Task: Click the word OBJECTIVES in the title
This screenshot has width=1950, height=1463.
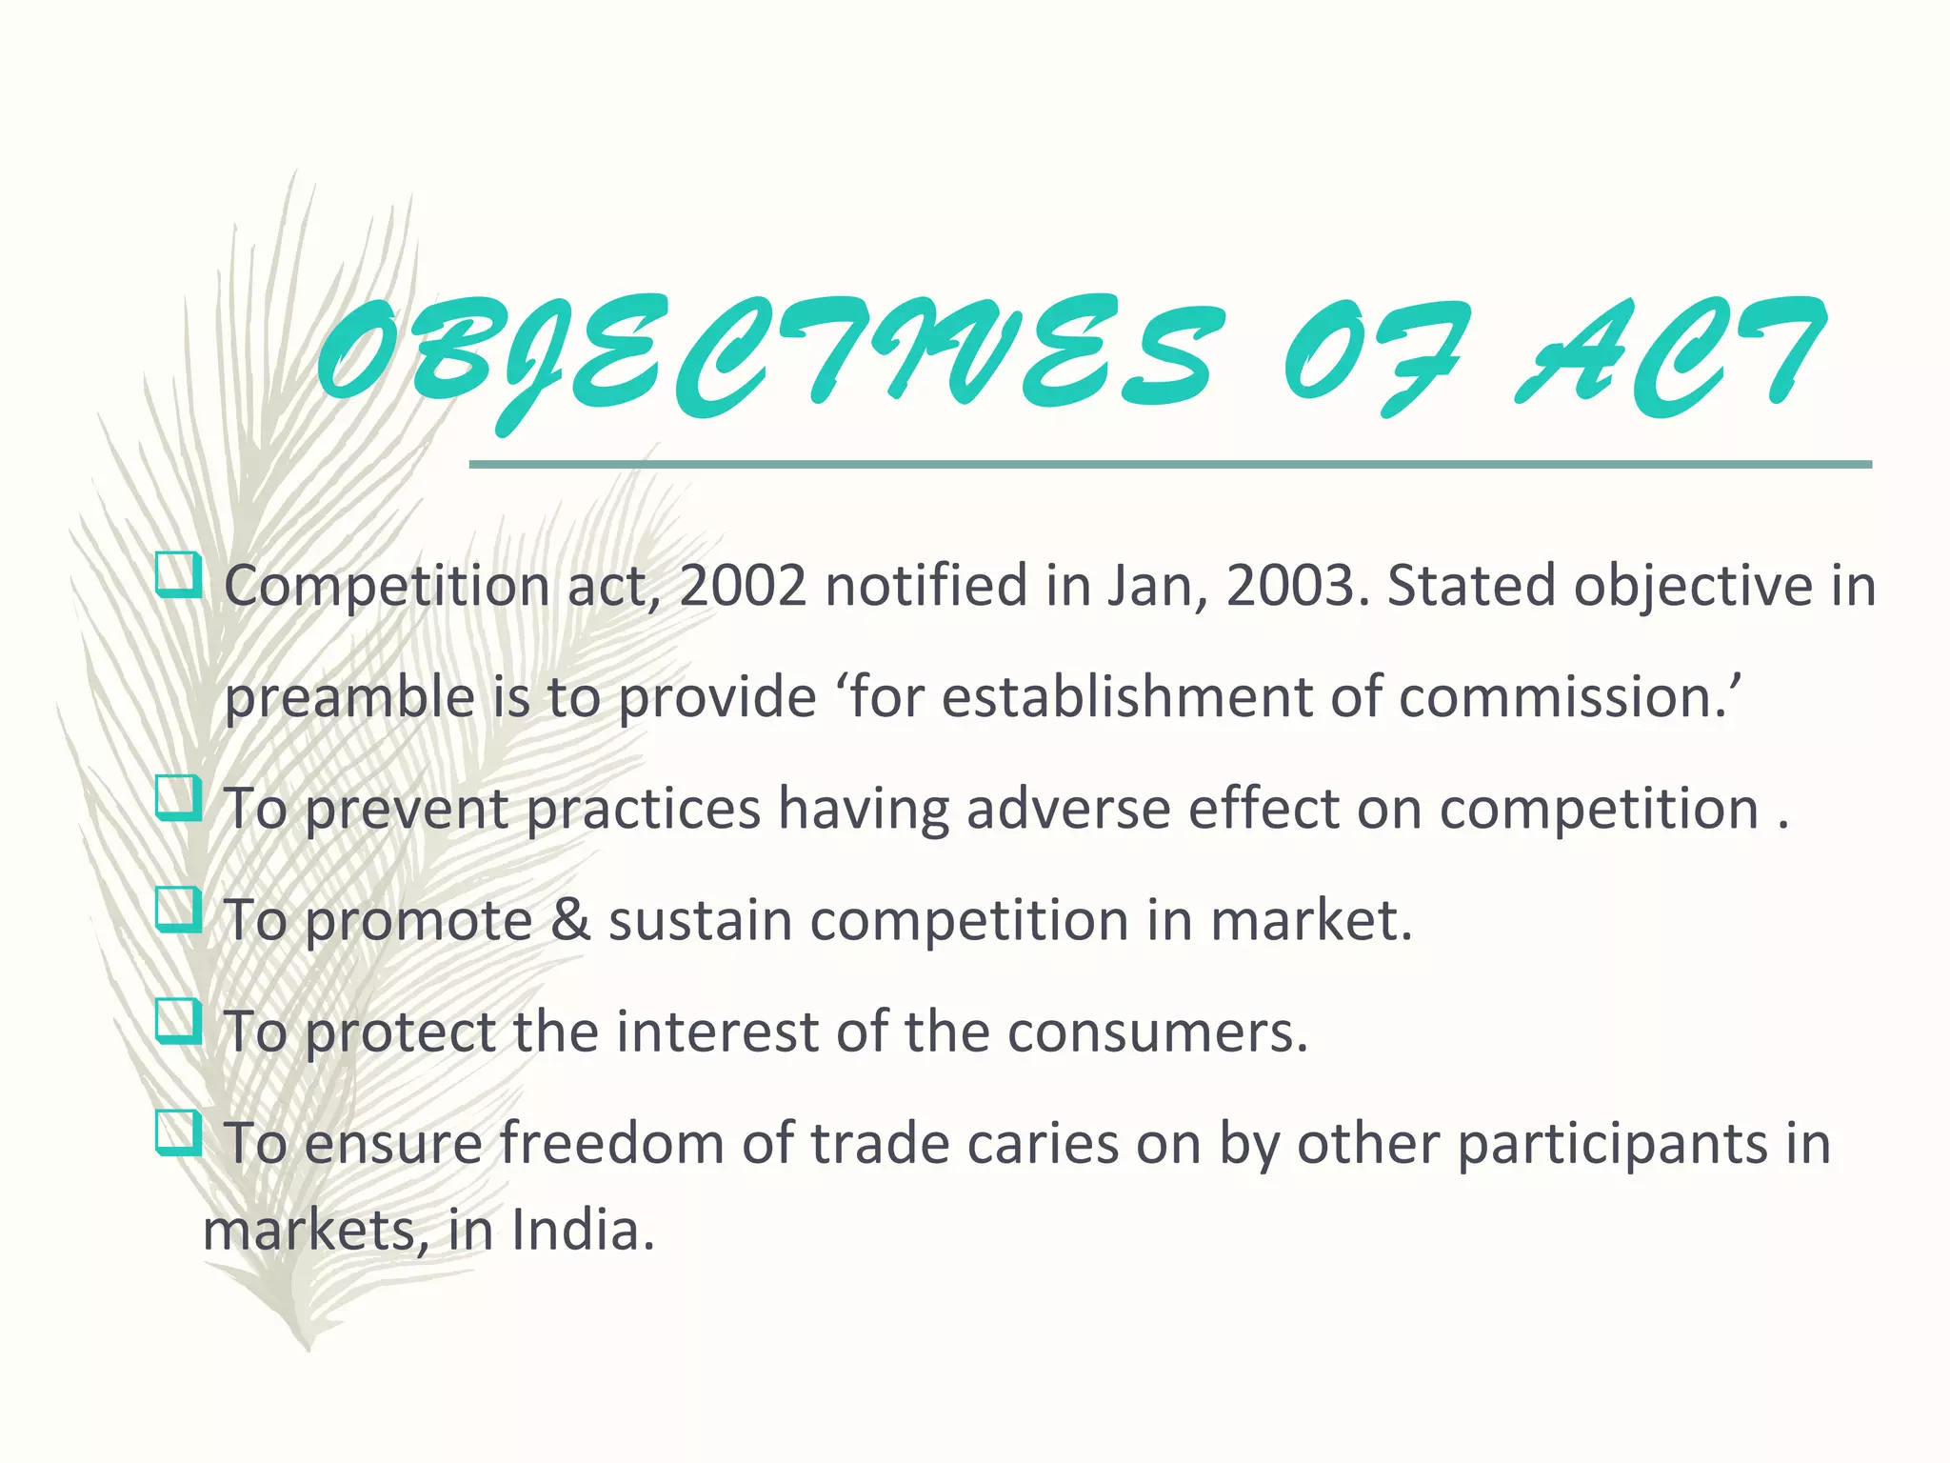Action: coord(762,357)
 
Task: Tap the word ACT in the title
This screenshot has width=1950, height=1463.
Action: coord(1666,357)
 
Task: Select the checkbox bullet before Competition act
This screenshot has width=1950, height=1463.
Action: coord(178,575)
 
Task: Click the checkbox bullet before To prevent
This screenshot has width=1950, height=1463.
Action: coord(178,798)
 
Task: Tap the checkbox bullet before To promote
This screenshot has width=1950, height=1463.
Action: coord(178,910)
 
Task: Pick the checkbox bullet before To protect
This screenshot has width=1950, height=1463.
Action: coord(178,1021)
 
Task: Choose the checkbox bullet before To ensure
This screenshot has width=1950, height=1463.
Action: coord(178,1132)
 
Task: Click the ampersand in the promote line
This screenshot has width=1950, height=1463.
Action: coord(570,921)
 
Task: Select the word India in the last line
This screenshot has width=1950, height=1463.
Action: coord(582,1231)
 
